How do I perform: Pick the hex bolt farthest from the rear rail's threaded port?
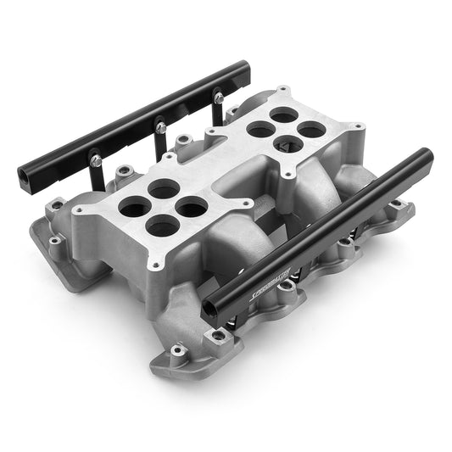[218, 98]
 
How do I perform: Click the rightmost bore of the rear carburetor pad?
[312, 129]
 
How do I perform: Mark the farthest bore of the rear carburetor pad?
[283, 115]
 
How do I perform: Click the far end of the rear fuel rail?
[246, 66]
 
